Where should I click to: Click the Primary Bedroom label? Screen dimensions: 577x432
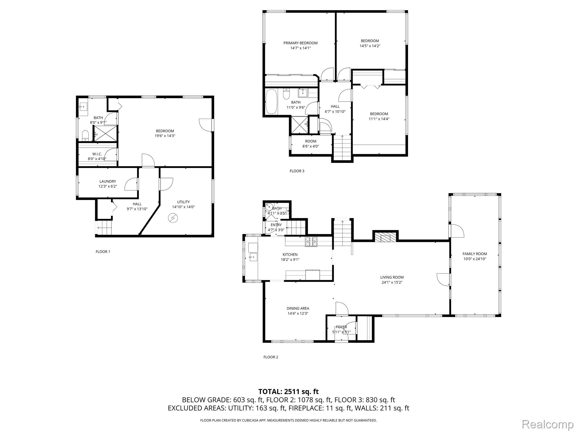tap(300, 43)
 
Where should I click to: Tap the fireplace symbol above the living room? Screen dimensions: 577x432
tap(385, 236)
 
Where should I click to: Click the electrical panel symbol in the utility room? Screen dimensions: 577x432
tap(172, 218)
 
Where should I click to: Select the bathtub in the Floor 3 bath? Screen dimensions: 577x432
tap(272, 102)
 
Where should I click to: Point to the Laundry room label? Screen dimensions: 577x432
tap(108, 181)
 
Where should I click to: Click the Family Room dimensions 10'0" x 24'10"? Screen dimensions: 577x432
tap(475, 259)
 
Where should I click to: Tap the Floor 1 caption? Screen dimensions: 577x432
tap(103, 252)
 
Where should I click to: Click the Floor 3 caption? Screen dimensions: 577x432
tap(297, 171)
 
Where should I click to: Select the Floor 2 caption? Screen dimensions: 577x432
tap(271, 357)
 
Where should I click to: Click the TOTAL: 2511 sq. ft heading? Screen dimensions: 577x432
tap(288, 391)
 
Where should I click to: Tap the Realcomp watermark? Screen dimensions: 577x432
tap(548, 424)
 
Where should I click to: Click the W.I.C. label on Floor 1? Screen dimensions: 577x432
tap(97, 154)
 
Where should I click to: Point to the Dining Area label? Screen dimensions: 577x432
tap(298, 309)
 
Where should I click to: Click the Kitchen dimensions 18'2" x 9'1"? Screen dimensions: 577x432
tap(290, 260)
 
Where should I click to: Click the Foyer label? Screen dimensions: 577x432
tap(341, 327)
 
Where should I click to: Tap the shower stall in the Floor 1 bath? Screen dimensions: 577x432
tap(105, 133)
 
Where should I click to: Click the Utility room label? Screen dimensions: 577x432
tap(183, 202)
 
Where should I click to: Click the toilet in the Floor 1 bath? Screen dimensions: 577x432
tap(85, 136)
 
